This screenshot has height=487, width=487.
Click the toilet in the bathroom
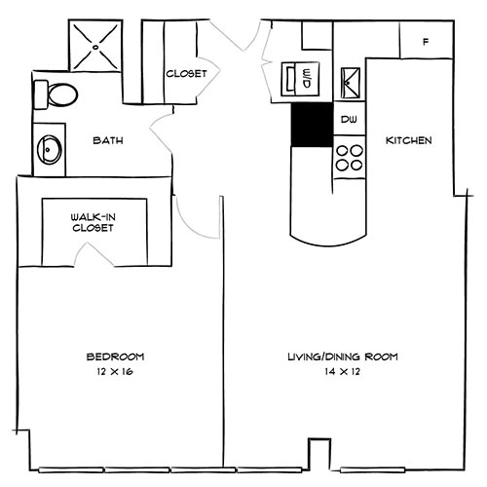[58, 95]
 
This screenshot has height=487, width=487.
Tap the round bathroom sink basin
[50, 150]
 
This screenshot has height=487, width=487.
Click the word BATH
[107, 141]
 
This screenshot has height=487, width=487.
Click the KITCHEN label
[409, 141]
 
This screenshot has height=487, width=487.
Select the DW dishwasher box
[349, 120]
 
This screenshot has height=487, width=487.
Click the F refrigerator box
[427, 41]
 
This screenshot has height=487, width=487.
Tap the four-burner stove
[349, 158]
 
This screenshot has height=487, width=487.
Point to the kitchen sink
[349, 79]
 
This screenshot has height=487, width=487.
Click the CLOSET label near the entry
[185, 73]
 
